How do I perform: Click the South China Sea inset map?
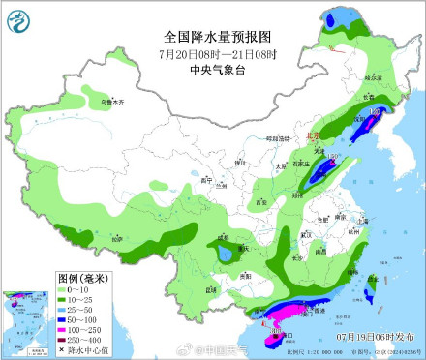pos(26,320)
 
